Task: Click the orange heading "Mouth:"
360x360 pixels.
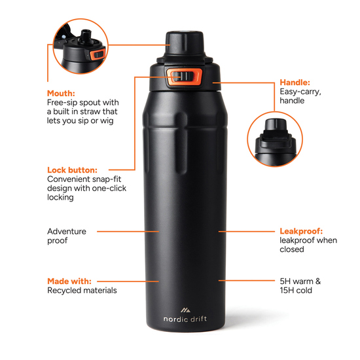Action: point(61,93)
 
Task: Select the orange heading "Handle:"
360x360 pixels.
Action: point(295,82)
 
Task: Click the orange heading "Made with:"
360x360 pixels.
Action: point(69,281)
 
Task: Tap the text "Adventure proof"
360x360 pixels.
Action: point(66,236)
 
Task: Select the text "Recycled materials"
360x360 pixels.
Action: point(82,290)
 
